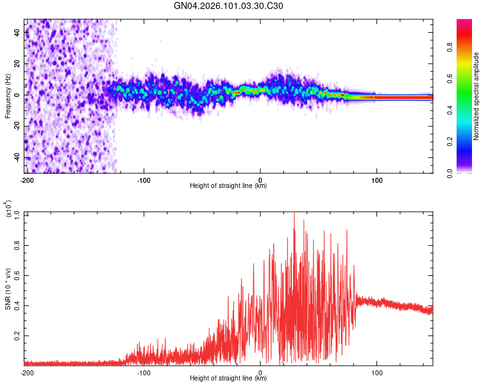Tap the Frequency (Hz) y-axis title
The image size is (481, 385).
(x=8, y=96)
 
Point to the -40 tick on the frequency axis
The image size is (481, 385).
(x=17, y=157)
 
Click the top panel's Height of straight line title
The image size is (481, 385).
(x=228, y=186)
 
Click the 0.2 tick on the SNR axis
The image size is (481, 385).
(x=18, y=335)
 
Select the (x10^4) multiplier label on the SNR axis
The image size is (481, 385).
(x=9, y=209)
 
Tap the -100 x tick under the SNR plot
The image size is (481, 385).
(x=143, y=372)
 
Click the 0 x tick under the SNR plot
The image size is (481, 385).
(x=260, y=372)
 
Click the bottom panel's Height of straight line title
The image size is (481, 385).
(x=228, y=379)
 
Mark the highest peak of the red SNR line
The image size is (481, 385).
(x=294, y=214)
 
